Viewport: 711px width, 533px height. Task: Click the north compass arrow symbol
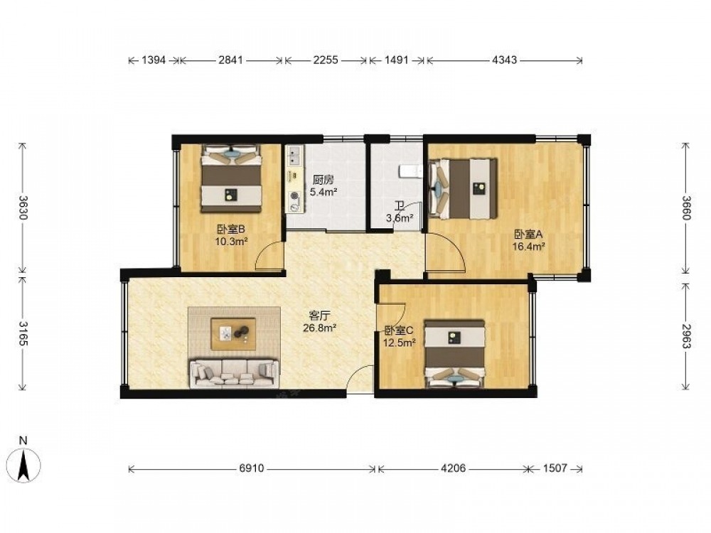tap(23, 463)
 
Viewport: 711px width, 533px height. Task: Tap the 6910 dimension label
tap(251, 468)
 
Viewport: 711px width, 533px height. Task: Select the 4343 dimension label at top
tap(504, 60)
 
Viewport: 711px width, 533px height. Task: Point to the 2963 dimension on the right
tap(685, 336)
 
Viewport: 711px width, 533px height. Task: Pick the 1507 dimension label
tap(555, 468)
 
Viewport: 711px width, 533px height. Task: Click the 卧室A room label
tap(528, 235)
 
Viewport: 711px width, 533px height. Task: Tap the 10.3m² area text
tap(231, 242)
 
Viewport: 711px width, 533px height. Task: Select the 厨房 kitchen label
tap(323, 181)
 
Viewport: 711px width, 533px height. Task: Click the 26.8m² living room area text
tap(319, 327)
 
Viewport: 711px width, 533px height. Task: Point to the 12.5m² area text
tap(400, 343)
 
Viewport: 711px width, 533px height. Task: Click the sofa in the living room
tap(235, 373)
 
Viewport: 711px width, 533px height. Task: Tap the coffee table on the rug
tap(233, 333)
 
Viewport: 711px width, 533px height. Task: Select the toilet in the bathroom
tap(410, 171)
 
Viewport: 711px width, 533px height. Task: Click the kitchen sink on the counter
tap(295, 156)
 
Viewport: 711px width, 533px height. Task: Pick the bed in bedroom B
tap(232, 178)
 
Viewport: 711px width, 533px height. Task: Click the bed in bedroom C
tap(454, 353)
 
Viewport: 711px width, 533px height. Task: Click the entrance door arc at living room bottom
tap(360, 379)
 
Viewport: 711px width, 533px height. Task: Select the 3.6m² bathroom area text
tap(399, 218)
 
